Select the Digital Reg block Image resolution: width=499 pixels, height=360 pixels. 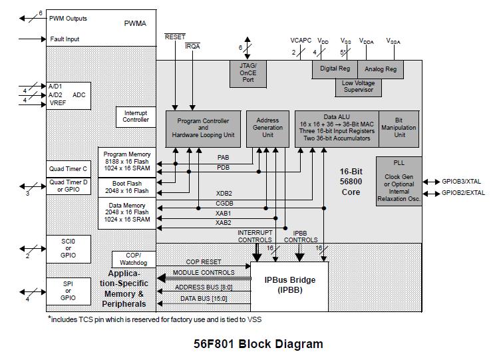[x=335, y=69]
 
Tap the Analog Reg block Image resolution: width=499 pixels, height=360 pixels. [x=381, y=69]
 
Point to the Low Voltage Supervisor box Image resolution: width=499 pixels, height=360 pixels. [x=357, y=87]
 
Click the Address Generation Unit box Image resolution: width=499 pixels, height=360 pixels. [x=268, y=128]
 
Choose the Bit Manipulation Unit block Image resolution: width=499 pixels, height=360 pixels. [x=400, y=128]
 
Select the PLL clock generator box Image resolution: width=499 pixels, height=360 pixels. [x=399, y=181]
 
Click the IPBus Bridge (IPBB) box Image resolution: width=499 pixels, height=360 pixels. [x=289, y=285]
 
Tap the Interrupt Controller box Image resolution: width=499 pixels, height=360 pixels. [x=136, y=116]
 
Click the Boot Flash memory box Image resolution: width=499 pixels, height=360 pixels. [x=127, y=187]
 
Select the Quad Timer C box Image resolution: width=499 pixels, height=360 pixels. [x=68, y=169]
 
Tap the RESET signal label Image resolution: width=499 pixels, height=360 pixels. [x=175, y=37]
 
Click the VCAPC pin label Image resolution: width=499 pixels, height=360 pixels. [x=301, y=41]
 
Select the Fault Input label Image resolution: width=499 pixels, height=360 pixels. [x=65, y=39]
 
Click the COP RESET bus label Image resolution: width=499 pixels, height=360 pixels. [x=204, y=262]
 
